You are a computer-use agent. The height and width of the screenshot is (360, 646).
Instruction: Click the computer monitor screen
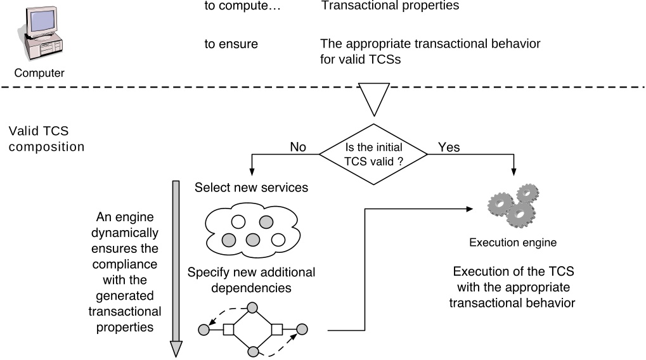click(x=42, y=20)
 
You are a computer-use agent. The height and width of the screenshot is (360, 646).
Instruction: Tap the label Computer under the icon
click(x=39, y=73)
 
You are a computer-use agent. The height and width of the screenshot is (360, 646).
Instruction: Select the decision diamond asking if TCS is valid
click(x=373, y=155)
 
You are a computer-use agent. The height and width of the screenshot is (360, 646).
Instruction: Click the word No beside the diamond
click(x=298, y=147)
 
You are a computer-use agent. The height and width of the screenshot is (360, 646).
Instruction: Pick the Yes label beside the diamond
click(x=449, y=147)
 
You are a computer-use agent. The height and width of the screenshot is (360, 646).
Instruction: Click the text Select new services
click(x=251, y=188)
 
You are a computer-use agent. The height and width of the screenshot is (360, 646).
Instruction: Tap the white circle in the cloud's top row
click(x=238, y=222)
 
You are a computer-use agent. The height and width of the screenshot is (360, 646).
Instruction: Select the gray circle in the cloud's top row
click(x=266, y=222)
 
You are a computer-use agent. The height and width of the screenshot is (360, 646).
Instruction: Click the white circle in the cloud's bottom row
click(x=278, y=240)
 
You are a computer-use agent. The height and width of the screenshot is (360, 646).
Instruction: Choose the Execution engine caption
click(x=513, y=243)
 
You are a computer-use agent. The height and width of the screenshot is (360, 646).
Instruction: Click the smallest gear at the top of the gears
click(x=527, y=193)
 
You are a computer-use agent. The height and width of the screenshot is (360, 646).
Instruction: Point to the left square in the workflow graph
click(x=229, y=330)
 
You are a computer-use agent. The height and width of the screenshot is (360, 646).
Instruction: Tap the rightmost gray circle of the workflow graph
click(x=302, y=329)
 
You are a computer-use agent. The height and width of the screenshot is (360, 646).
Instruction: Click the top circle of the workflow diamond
click(x=252, y=307)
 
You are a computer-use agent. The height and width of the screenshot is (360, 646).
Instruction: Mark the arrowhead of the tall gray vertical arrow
click(x=176, y=349)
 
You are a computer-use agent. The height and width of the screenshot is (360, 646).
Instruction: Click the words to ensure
click(x=231, y=44)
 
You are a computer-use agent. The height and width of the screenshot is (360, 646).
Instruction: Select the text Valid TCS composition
click(x=46, y=139)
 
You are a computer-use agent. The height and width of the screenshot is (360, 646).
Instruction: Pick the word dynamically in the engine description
click(x=125, y=233)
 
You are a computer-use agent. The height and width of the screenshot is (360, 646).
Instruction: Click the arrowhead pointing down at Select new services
click(x=252, y=172)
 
